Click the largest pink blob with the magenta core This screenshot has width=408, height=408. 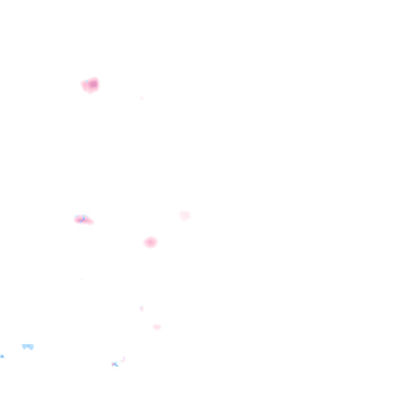(90, 85)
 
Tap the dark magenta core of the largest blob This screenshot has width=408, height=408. (93, 84)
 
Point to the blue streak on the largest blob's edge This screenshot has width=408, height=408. (86, 82)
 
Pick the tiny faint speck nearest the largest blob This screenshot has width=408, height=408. (141, 98)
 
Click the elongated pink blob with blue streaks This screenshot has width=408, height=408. (83, 219)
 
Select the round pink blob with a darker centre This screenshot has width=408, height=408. (151, 242)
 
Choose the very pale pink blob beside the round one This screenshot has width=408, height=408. (185, 216)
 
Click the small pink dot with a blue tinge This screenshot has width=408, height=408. (141, 308)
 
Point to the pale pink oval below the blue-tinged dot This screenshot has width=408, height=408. (157, 327)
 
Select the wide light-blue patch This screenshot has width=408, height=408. (28, 347)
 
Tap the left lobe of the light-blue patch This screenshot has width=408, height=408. (25, 347)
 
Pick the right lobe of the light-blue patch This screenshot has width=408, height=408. (31, 347)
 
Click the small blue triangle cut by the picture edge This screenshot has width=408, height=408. (2, 356)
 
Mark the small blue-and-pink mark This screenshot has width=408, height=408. (115, 364)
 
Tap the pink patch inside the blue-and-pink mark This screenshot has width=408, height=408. (114, 363)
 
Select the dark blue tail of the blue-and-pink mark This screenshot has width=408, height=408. (116, 365)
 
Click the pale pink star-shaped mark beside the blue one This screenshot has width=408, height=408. (124, 360)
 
